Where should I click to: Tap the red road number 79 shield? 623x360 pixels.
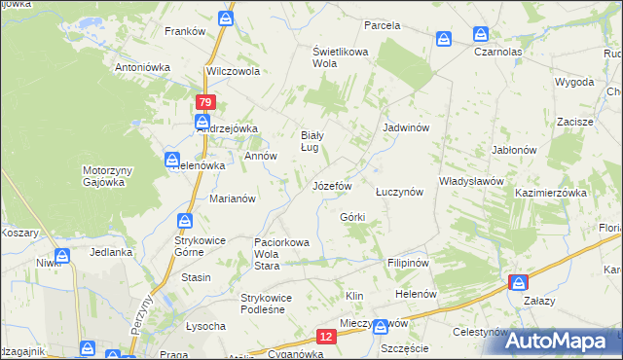pyautogui.click(x=204, y=102)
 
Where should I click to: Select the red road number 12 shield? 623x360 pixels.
pyautogui.click(x=326, y=337)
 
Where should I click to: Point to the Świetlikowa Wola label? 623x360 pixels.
pyautogui.click(x=337, y=56)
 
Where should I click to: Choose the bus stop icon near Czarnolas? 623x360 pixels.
pyautogui.click(x=443, y=39)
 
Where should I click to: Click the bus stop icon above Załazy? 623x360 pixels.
pyautogui.click(x=518, y=282)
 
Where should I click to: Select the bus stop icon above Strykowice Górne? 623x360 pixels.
pyautogui.click(x=184, y=221)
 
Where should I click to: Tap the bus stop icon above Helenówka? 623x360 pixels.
pyautogui.click(x=171, y=159)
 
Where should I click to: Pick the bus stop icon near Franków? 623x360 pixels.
pyautogui.click(x=226, y=18)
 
